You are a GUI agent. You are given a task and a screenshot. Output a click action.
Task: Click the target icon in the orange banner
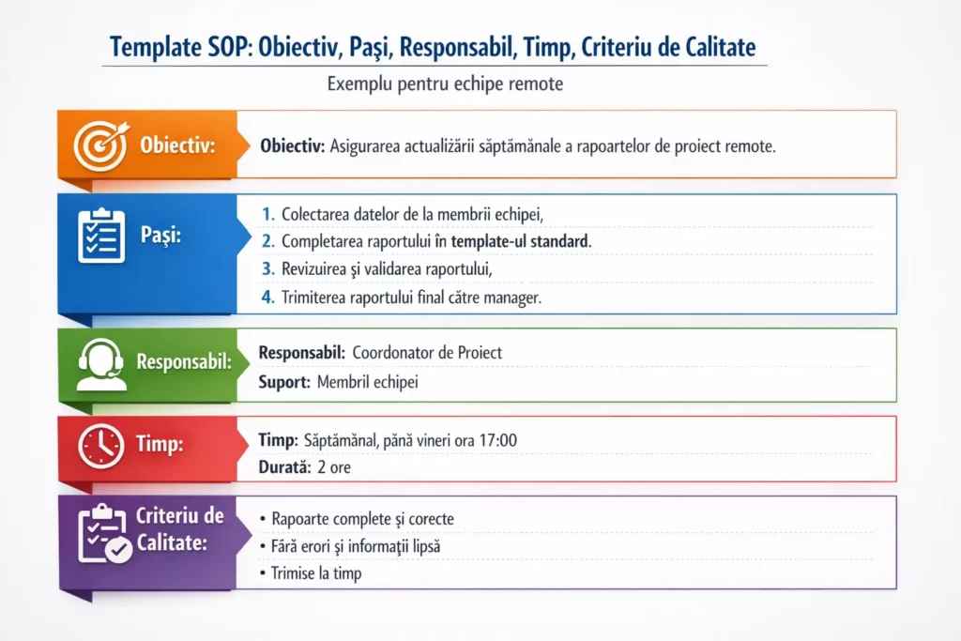pos(99,145)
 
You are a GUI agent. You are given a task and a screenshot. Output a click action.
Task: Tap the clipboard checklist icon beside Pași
pos(99,236)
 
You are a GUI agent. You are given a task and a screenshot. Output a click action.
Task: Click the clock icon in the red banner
pos(100,446)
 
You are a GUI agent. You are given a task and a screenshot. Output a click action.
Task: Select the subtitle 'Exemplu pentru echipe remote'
pos(445,84)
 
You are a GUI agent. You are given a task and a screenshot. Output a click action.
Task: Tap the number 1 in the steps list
pos(268,213)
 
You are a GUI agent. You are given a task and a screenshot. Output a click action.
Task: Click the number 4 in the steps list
pos(268,297)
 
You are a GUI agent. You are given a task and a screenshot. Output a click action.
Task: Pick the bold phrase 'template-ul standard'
pos(521,241)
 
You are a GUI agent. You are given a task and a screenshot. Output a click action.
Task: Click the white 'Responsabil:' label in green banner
pos(184,361)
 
